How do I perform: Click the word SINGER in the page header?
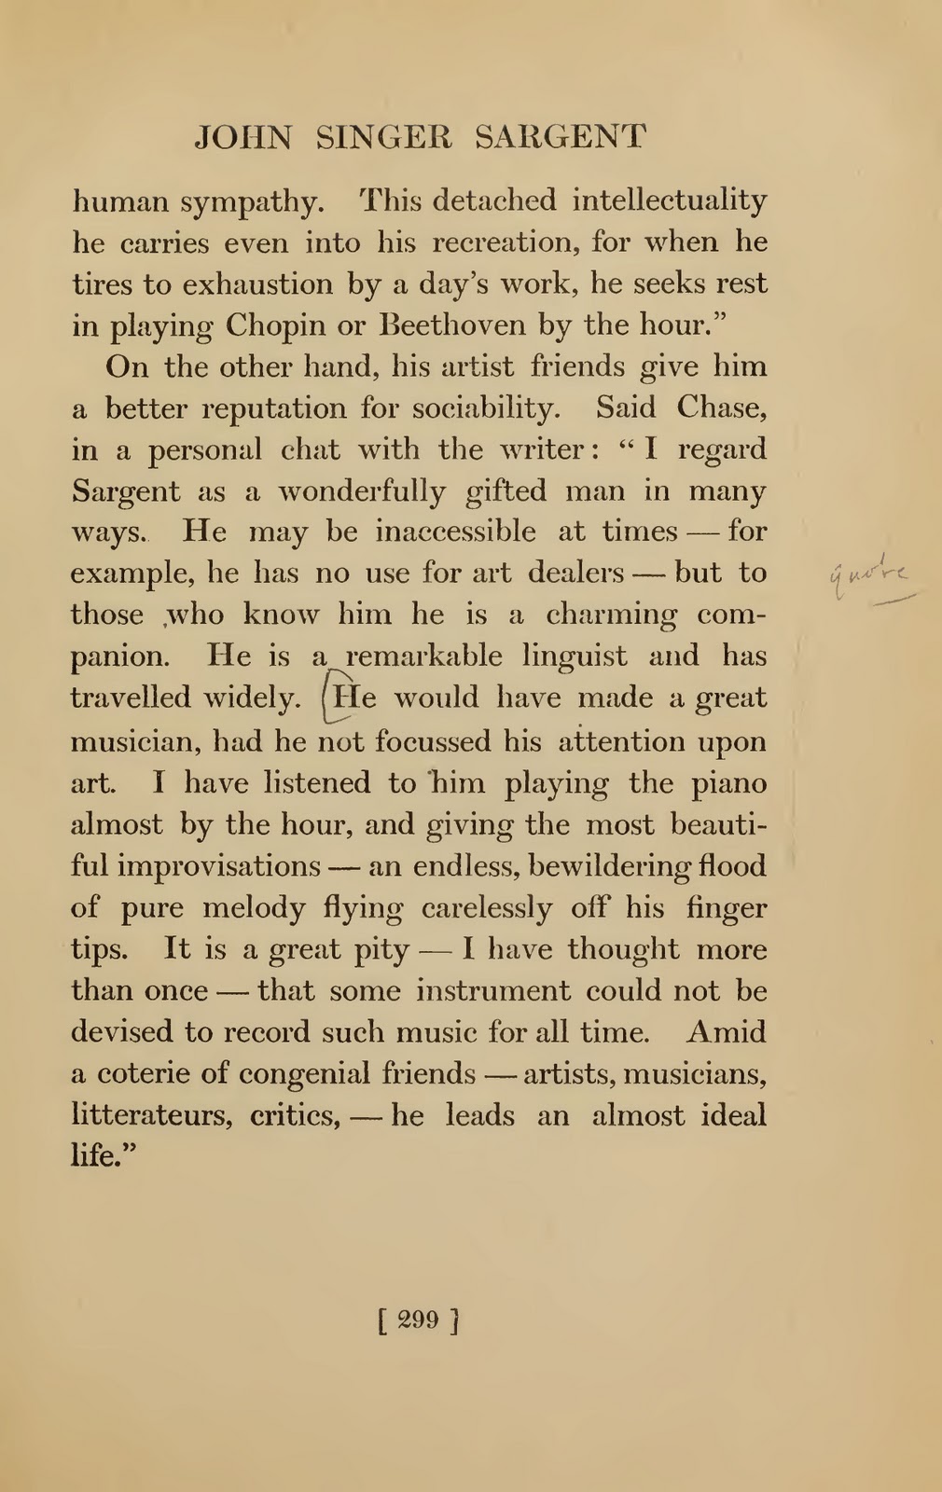(x=383, y=138)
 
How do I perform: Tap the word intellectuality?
(x=670, y=200)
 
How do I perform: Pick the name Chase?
(x=722, y=408)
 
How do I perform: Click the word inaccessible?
(x=455, y=532)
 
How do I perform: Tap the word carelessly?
(x=487, y=908)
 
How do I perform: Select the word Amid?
(x=727, y=1032)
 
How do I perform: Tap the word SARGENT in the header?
(x=560, y=138)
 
